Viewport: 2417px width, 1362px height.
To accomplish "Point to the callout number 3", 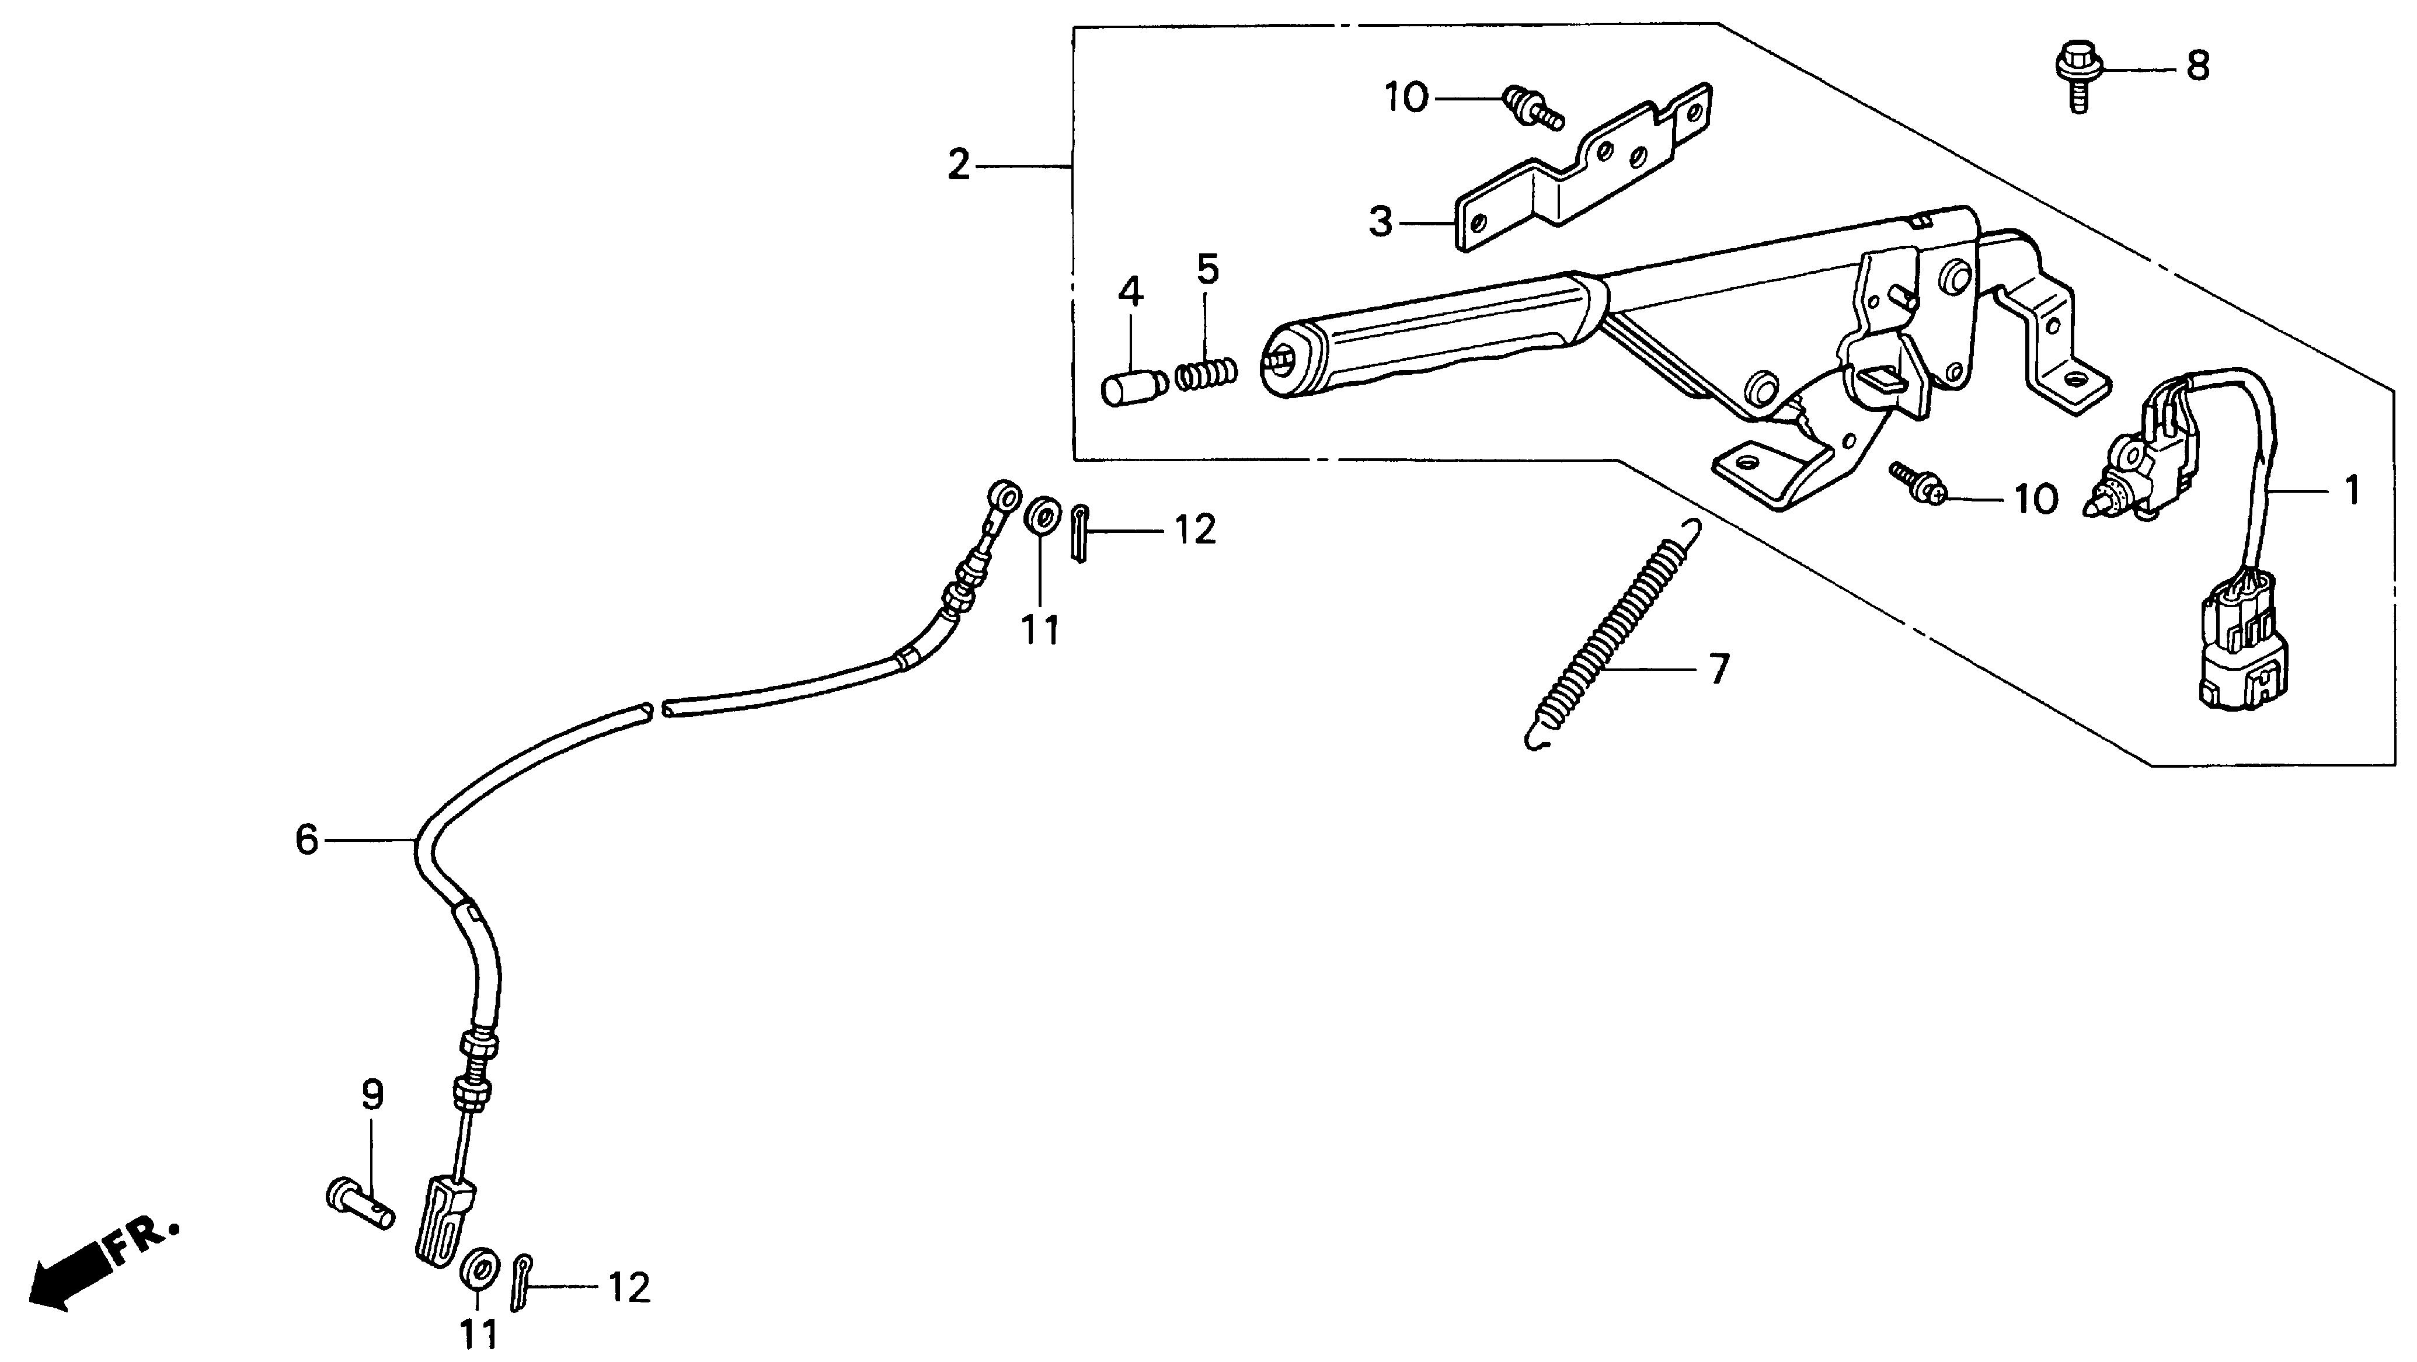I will (1380, 222).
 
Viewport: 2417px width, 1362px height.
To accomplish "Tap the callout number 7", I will (1718, 670).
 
